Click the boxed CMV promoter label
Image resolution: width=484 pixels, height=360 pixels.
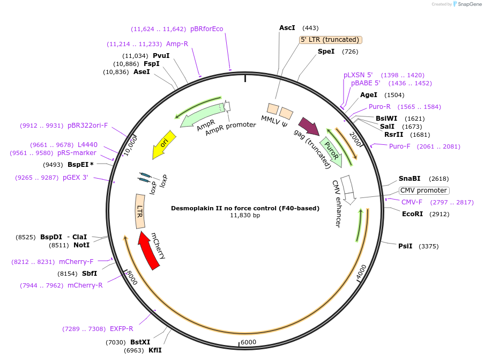tap(424, 190)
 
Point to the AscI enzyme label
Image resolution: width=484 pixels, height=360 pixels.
tap(287, 27)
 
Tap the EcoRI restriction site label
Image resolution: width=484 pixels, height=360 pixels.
tap(412, 214)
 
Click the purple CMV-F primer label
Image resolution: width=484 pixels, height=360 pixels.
tap(412, 202)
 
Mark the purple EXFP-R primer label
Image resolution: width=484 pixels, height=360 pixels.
tap(121, 328)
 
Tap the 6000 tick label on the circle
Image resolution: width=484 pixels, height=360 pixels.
tap(248, 342)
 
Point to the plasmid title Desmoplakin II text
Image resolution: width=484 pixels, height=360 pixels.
tap(245, 208)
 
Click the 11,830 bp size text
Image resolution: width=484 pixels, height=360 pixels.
tap(245, 215)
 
